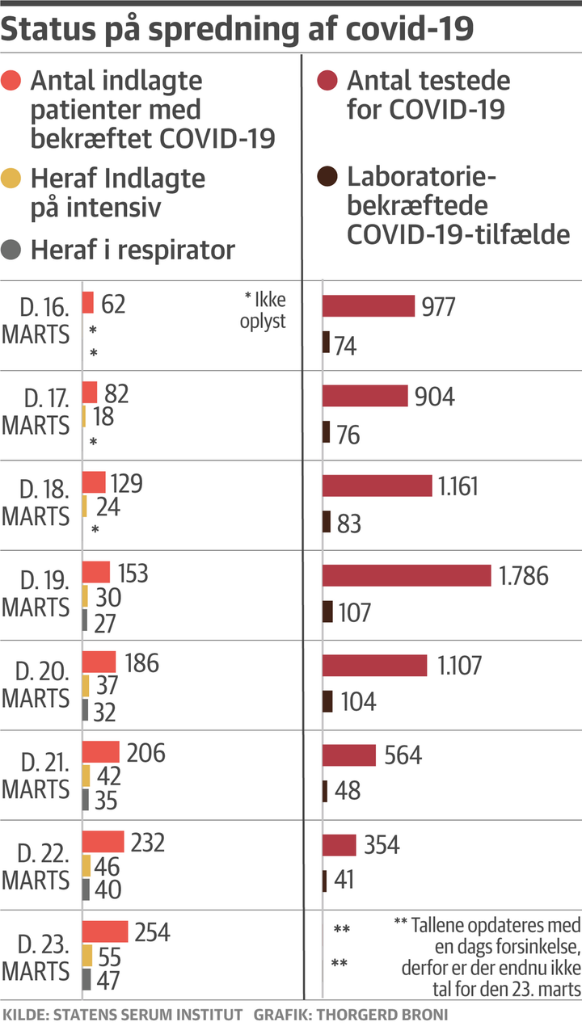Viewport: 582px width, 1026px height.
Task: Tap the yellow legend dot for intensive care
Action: (11, 178)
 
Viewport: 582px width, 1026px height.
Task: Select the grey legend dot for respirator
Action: (11, 250)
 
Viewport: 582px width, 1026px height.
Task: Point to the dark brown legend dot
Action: (327, 177)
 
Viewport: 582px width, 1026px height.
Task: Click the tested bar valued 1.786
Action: (407, 575)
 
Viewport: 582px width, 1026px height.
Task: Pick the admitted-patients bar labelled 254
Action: (105, 931)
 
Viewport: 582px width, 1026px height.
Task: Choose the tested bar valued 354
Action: (339, 845)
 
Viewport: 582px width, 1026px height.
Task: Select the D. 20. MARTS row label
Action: (36, 683)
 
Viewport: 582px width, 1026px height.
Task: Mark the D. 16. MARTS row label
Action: (36, 322)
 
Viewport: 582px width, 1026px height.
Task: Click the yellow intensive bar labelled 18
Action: (84, 417)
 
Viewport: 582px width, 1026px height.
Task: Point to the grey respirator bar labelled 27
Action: (85, 620)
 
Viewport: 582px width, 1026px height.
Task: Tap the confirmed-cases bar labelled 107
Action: (327, 612)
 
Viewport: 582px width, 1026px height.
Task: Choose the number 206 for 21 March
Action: (145, 753)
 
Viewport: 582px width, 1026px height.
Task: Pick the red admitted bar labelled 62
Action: (88, 303)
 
